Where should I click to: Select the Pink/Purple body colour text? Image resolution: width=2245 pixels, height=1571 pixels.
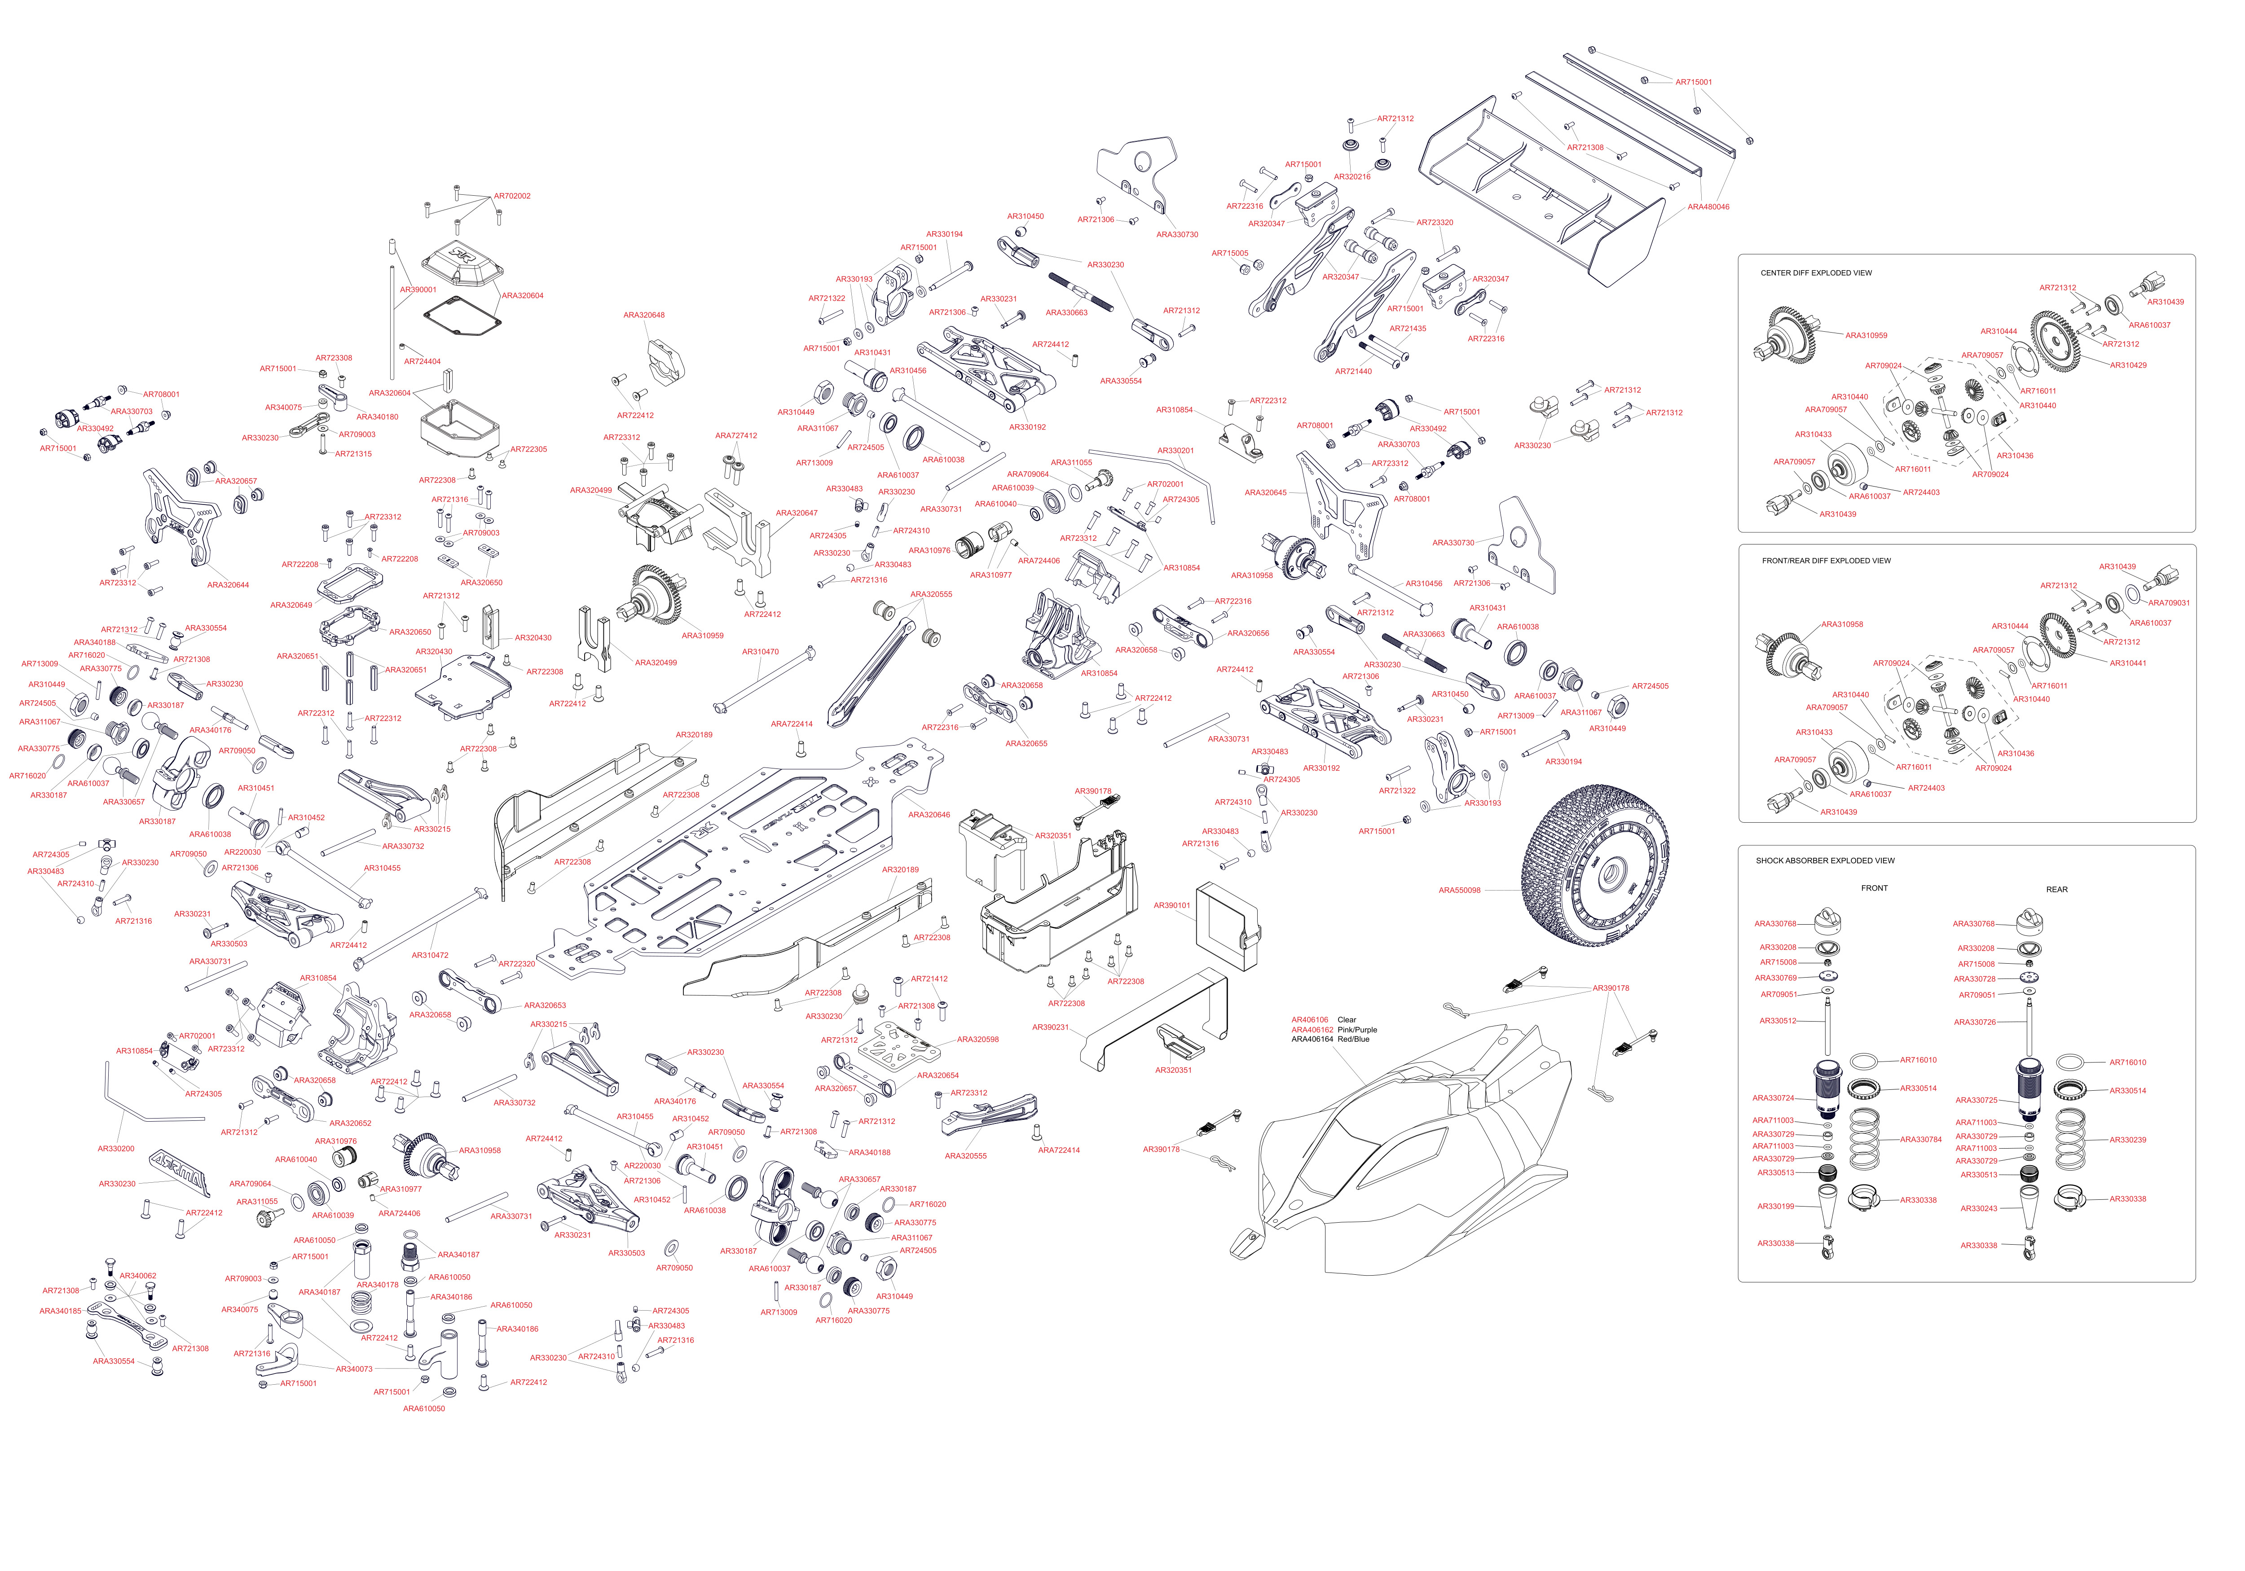1357,1029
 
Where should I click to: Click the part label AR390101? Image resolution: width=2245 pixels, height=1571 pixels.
1171,905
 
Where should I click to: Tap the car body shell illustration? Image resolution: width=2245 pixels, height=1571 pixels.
1408,1154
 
